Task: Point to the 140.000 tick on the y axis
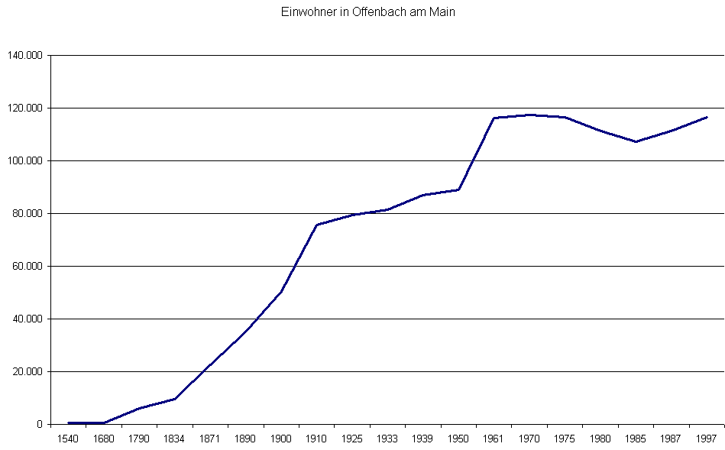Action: tap(25, 56)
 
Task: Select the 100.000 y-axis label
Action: tap(25, 161)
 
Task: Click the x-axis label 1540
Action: tap(68, 439)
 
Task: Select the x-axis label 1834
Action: tap(174, 439)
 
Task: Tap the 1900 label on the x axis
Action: tap(281, 439)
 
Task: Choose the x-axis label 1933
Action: tap(387, 439)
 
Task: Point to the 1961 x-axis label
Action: tap(494, 439)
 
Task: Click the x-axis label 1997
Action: tap(707, 439)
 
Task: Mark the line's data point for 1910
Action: tap(316, 225)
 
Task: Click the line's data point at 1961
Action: tap(494, 118)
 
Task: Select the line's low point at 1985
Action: tap(636, 141)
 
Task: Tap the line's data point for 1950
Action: tap(458, 189)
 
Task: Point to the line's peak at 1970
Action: tap(529, 115)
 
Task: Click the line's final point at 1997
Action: tap(707, 117)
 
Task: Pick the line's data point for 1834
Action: tap(174, 399)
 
